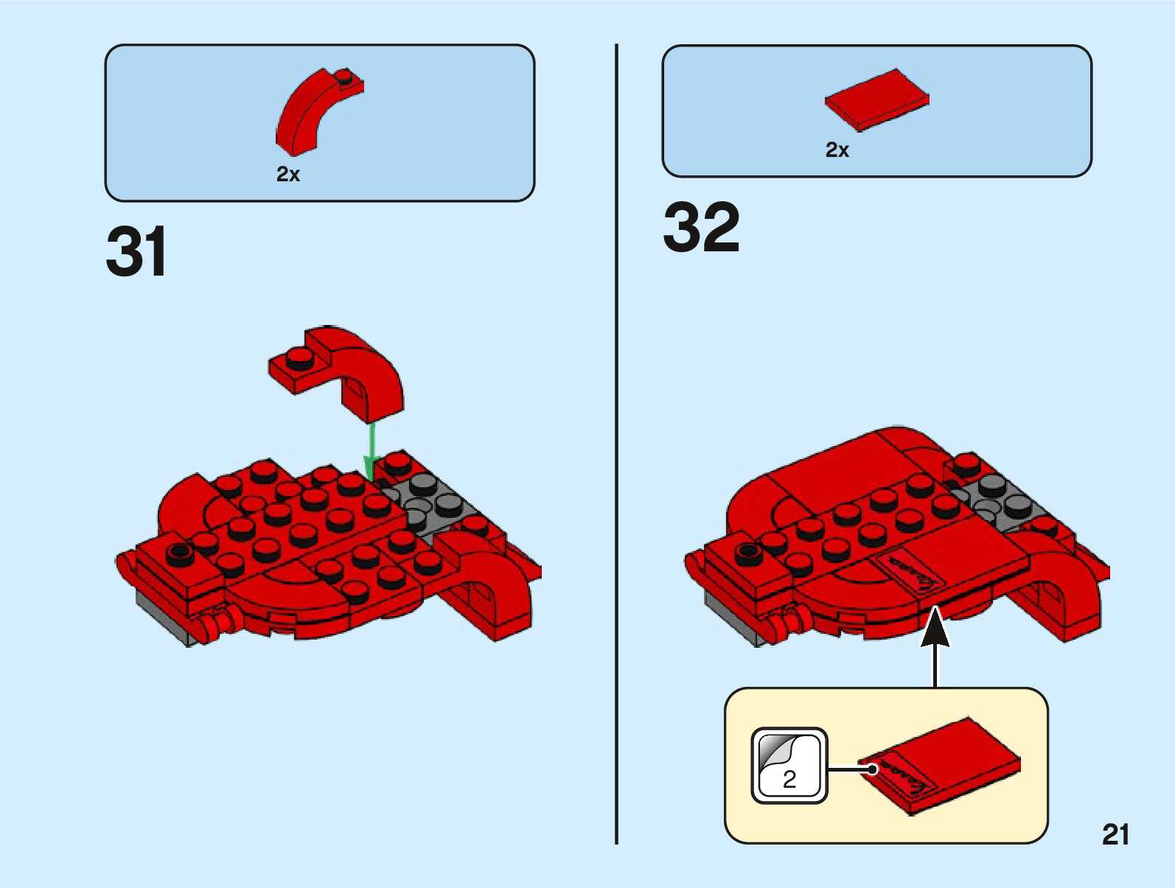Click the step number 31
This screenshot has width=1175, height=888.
pos(137,252)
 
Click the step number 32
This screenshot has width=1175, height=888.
pos(701,228)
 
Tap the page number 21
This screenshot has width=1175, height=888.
pos(1115,834)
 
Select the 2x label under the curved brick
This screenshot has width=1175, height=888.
pos(288,175)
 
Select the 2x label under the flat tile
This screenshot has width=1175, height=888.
pos(837,150)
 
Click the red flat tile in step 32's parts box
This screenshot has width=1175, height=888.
pos(876,99)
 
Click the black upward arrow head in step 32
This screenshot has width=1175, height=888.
pos(935,626)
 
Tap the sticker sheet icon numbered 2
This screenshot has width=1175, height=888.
pos(789,766)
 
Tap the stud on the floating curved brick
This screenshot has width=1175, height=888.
pos(300,357)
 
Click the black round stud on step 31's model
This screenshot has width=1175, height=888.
pos(179,553)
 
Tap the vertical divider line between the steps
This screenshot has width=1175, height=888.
pos(616,442)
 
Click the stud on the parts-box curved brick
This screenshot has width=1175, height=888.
pos(344,74)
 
